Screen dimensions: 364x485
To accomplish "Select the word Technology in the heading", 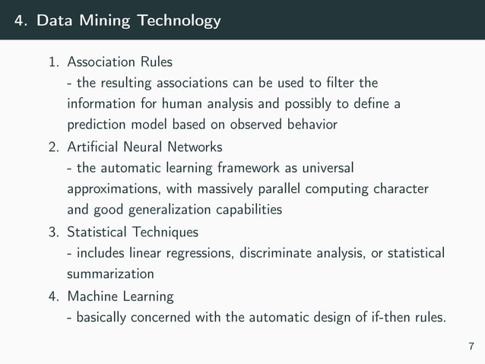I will coord(177,21).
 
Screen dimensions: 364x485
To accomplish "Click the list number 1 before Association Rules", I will coord(54,59).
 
